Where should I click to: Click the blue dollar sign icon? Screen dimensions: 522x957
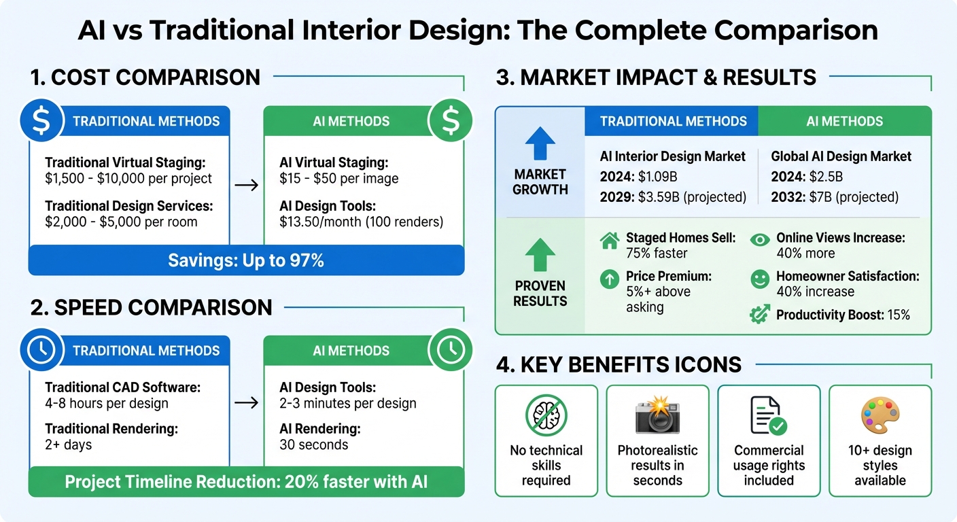pos(41,121)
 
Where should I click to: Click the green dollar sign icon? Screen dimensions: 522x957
pos(450,121)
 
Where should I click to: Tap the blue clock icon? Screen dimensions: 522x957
pos(41,350)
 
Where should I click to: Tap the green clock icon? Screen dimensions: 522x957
pos(450,350)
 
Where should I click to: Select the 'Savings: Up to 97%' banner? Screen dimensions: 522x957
pos(246,260)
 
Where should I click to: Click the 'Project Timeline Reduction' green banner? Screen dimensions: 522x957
pos(246,482)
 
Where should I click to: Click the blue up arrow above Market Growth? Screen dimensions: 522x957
pos(540,144)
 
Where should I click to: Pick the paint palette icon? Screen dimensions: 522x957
pos(880,416)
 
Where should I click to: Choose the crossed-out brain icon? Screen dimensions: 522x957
pos(546,416)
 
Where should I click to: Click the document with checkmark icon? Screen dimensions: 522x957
pos(768,416)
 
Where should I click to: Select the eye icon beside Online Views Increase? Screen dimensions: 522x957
pos(760,239)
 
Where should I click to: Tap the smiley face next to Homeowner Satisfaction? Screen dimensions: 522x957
pos(760,277)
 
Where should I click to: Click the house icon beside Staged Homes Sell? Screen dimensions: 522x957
pos(610,239)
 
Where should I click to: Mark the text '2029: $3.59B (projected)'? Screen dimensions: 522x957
pos(673,197)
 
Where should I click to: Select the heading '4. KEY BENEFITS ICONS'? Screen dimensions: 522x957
pos(619,365)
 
